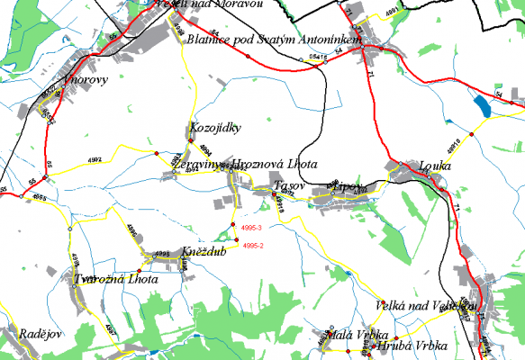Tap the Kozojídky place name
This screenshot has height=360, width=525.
(x=215, y=128)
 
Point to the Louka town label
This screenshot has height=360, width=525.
(x=435, y=166)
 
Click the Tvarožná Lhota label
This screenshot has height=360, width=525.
(x=117, y=279)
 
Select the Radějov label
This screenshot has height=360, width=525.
(x=39, y=334)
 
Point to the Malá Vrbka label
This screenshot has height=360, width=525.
(x=351, y=335)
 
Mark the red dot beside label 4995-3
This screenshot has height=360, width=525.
(x=232, y=224)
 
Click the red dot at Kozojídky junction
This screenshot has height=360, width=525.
(x=190, y=141)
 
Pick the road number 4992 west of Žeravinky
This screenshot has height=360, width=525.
(x=120, y=158)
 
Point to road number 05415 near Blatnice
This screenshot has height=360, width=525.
(x=317, y=58)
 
